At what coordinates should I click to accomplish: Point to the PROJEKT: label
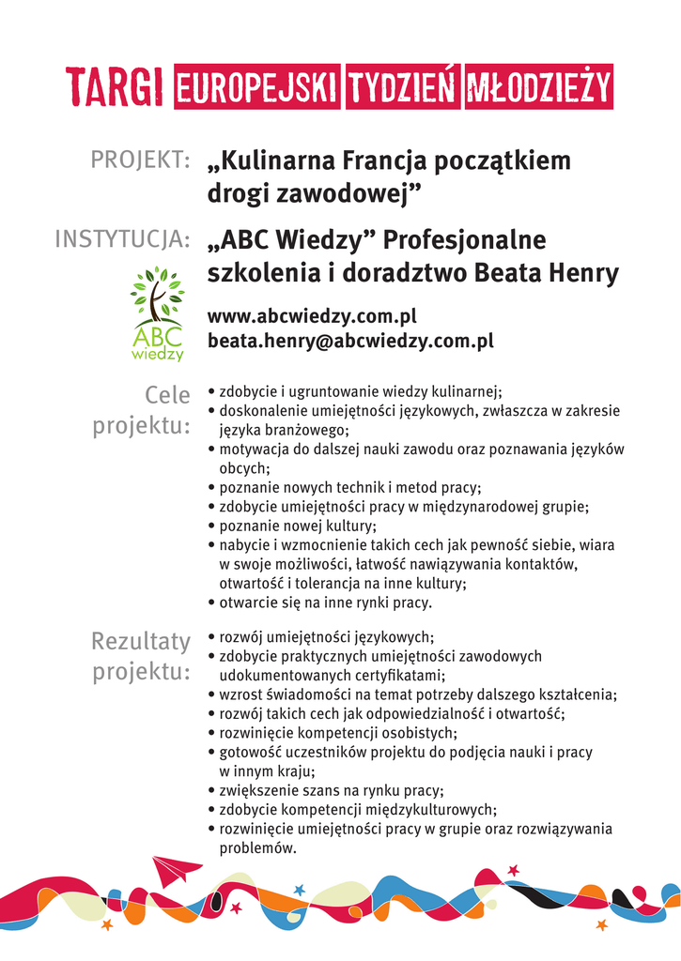point(141,160)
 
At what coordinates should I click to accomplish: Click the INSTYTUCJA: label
point(122,240)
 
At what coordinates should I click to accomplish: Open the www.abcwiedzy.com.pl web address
point(311,316)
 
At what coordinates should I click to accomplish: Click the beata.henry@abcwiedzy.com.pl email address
point(350,341)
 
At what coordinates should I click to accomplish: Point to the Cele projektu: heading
point(143,410)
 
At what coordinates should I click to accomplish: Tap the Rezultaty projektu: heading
point(141,656)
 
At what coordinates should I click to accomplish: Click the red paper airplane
point(175,870)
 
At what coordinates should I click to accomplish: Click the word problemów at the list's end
point(257,847)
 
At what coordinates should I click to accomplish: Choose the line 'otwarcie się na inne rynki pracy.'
point(325,603)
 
